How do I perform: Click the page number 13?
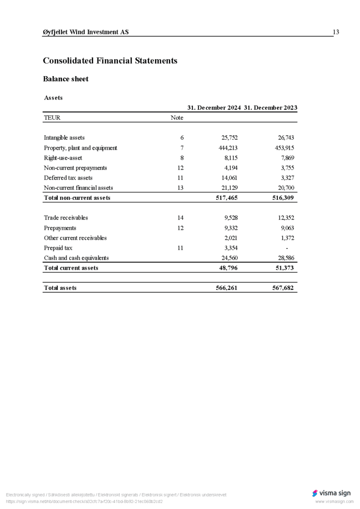pos(336,32)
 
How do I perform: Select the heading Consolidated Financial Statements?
pos(110,61)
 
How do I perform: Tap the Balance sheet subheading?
pos(66,79)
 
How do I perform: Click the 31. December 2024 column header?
pos(214,107)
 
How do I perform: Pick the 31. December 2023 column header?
pos(270,107)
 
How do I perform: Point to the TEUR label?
pos(53,118)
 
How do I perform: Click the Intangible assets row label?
pos(64,138)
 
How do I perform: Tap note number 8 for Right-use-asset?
pos(182,158)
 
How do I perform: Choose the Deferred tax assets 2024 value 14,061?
pos(229,177)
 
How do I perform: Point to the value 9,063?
pos(287,228)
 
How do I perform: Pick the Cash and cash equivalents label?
pos(76,258)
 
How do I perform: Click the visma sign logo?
pos(331,493)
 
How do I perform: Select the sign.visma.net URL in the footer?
pos(84,502)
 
